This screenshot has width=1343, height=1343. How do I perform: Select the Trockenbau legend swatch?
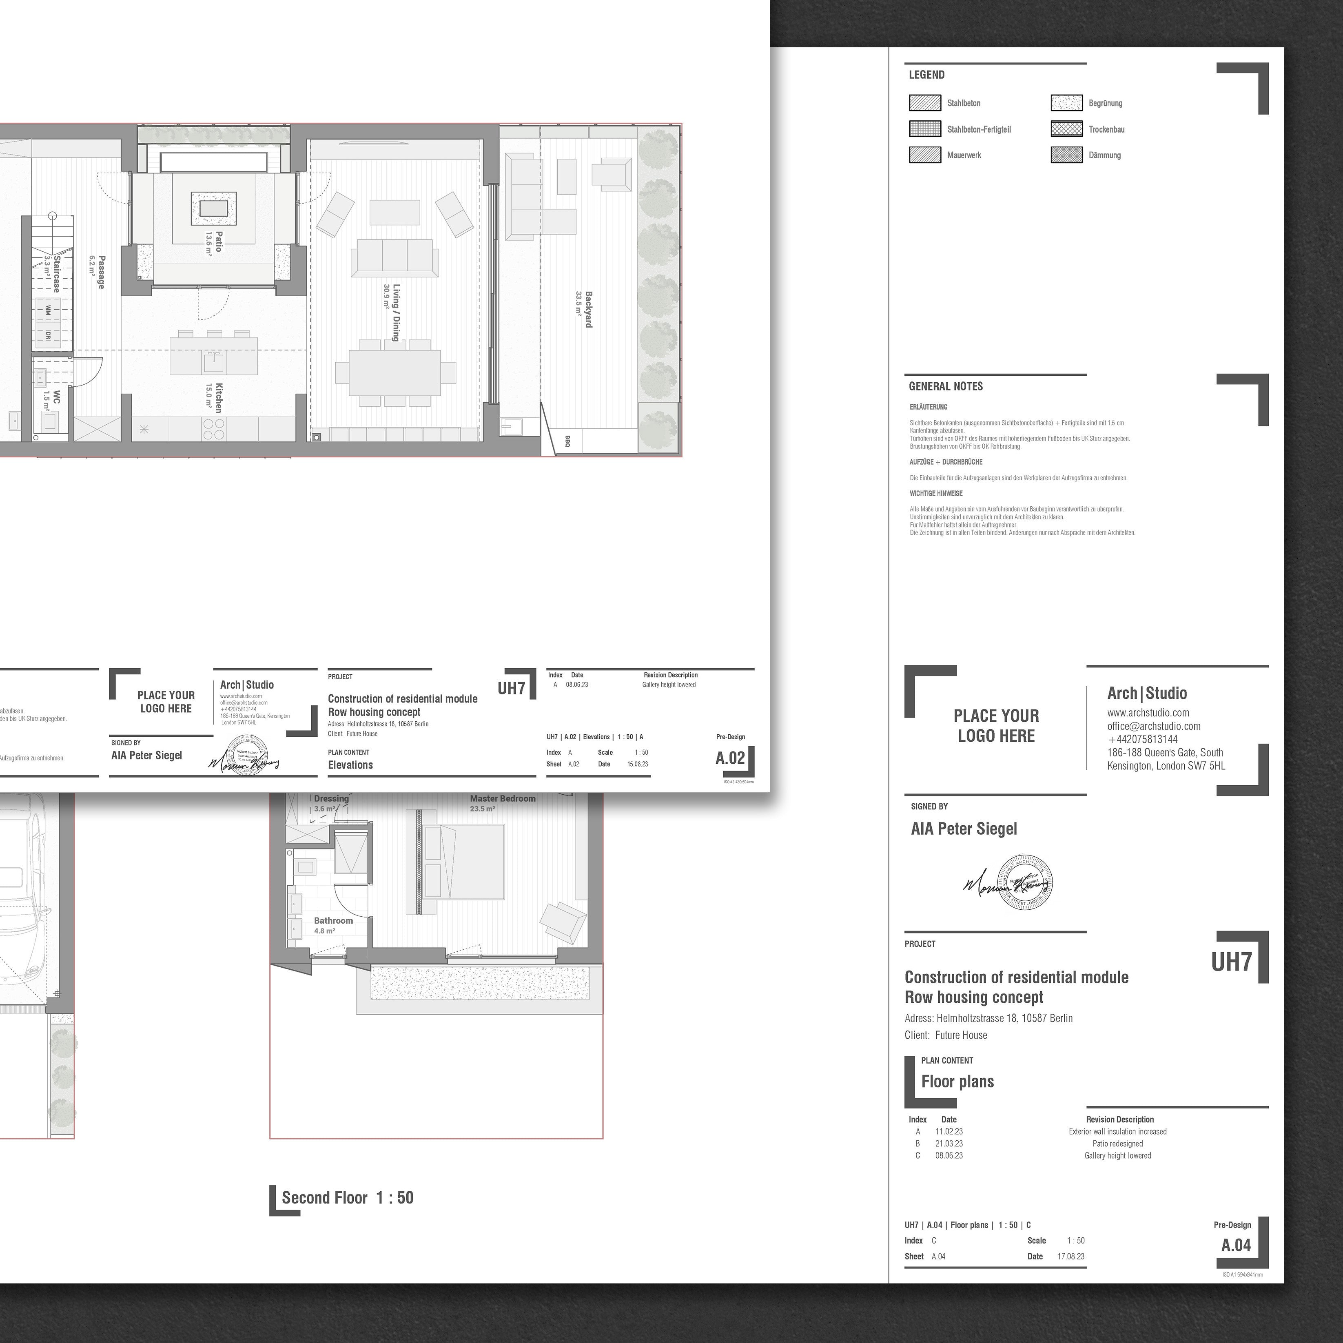(1066, 129)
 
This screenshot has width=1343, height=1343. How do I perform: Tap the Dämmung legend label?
(1105, 155)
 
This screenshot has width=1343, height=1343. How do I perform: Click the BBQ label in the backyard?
(567, 441)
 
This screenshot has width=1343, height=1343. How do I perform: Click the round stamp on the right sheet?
(1025, 882)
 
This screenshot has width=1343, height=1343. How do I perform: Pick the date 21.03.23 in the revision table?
(949, 1144)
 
